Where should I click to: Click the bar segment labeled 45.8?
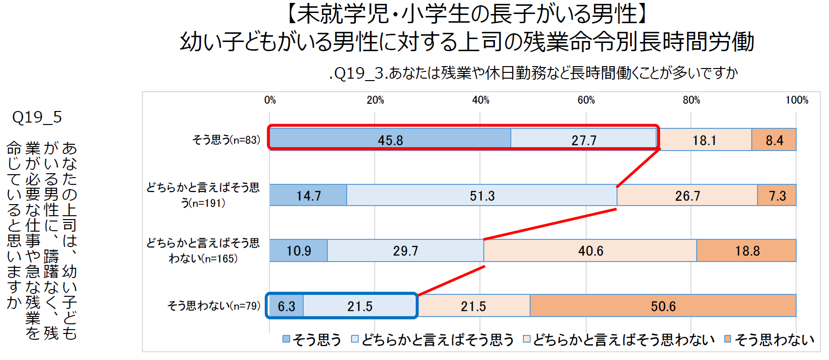[390, 139]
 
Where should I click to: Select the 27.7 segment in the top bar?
[584, 139]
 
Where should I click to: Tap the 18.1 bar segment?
[704, 140]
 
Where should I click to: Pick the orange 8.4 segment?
[774, 140]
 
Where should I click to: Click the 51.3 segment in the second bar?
[482, 195]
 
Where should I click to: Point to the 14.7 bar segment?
[309, 195]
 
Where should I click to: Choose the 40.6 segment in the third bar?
[590, 250]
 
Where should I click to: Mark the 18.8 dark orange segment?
[747, 250]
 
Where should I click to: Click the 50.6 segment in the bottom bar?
[663, 306]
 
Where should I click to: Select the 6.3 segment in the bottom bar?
[286, 306]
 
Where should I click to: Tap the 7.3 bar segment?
[777, 195]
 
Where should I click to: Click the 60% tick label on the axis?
[586, 100]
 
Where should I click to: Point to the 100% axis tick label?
[797, 100]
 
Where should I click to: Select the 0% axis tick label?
[270, 100]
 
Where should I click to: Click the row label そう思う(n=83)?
[226, 140]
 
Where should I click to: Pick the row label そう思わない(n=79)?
[213, 306]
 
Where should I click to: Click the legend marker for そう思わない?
[728, 339]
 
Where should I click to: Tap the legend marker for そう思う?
[286, 339]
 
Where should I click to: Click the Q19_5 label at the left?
[37, 117]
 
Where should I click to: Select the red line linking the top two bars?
[638, 168]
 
